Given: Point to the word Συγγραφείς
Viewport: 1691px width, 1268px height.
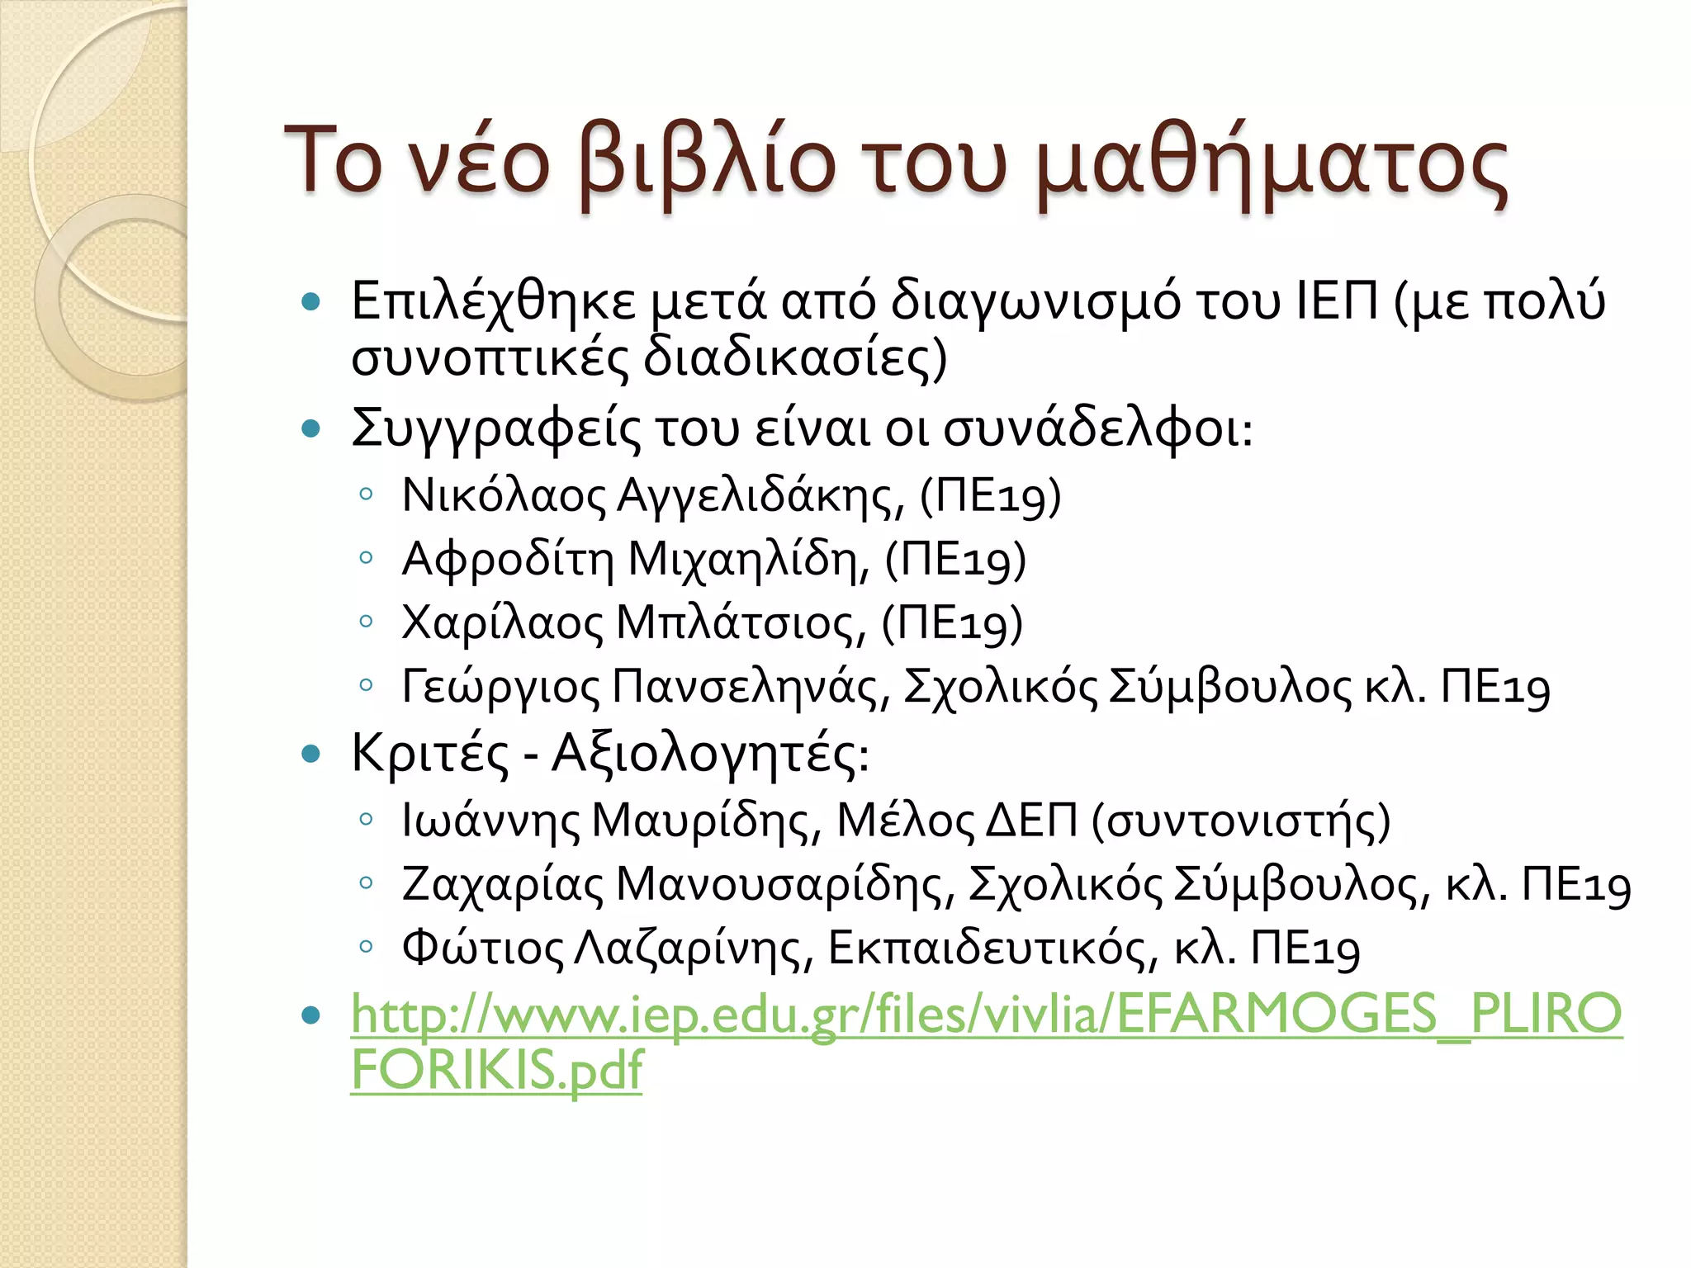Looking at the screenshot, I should coord(495,429).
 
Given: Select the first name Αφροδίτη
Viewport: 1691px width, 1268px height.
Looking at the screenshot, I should coord(508,560).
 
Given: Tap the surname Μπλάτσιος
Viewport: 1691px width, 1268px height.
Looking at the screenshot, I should coord(741,623).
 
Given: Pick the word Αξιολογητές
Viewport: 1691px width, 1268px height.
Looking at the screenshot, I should coord(710,754).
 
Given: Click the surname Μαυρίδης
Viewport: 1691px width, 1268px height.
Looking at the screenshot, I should coord(707,821).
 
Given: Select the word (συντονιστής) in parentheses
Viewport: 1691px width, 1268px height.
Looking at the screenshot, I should coord(1241,821).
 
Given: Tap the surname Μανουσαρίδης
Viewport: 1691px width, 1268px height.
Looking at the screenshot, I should coord(785,885).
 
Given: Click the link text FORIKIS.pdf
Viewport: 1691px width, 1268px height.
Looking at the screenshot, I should coord(496,1070).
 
